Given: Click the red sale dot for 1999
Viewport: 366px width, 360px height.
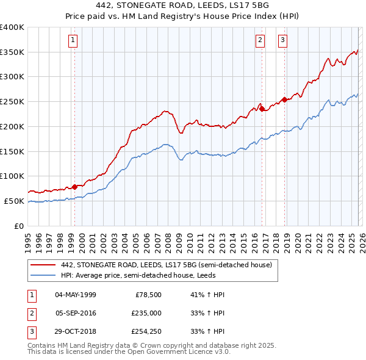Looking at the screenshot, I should pos(74,187).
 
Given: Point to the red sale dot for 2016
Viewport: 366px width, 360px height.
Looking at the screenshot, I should pos(262,109).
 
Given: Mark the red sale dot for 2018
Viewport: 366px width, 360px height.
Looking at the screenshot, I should pos(284,100).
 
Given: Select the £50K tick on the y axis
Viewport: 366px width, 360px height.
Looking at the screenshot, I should pos(14,201).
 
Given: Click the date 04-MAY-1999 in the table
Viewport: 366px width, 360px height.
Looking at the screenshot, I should pos(76,295).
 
